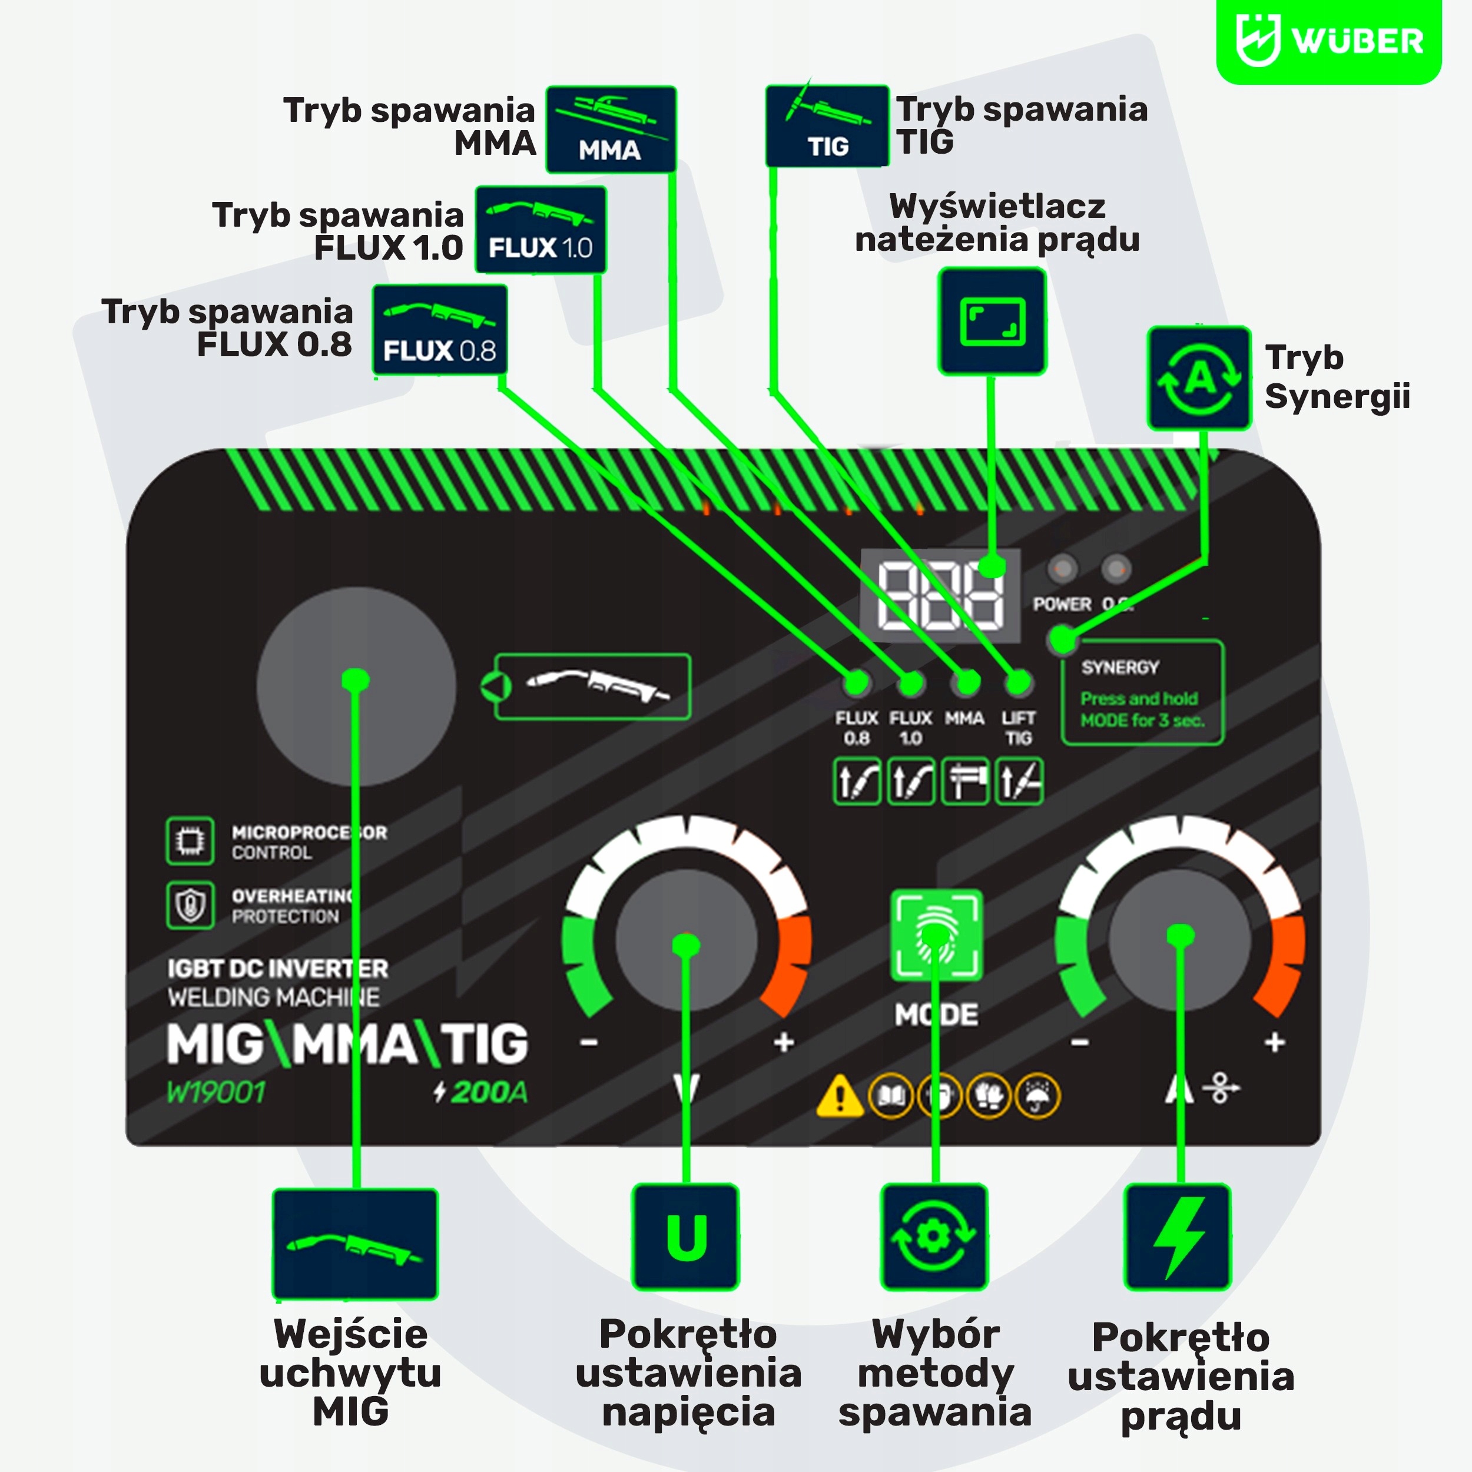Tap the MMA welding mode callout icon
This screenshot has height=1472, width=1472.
pos(610,129)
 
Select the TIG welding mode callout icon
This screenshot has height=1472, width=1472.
pos(827,126)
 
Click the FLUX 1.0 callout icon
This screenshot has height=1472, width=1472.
pos(540,229)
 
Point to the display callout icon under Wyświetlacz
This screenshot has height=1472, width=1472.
pos(992,321)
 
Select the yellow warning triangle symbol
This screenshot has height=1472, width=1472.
pos(840,1096)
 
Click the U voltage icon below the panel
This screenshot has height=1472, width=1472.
pos(686,1236)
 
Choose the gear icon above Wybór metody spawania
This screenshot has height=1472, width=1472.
pos(934,1236)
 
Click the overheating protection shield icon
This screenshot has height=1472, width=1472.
pos(190,905)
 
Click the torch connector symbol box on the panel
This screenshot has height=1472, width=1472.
pos(592,687)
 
